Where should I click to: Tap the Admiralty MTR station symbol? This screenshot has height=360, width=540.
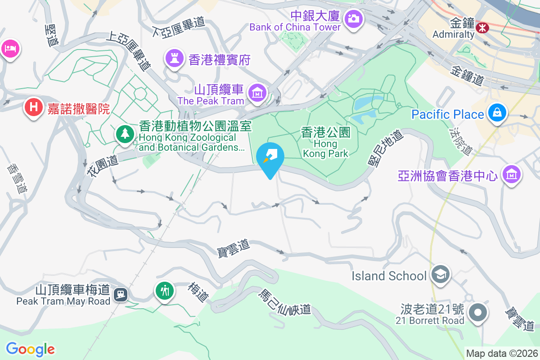[x=482, y=28]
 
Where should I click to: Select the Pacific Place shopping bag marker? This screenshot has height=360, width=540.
[x=499, y=112]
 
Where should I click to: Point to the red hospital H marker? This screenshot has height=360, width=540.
[x=33, y=107]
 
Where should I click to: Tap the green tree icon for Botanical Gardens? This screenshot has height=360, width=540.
[x=125, y=134]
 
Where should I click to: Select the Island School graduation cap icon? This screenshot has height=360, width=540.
[x=440, y=274]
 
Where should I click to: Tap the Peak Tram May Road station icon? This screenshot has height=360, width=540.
[x=121, y=295]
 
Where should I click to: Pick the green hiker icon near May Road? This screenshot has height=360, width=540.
[x=165, y=290]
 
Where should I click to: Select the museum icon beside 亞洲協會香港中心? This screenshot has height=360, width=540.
[x=512, y=173]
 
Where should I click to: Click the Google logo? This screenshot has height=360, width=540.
[x=30, y=349]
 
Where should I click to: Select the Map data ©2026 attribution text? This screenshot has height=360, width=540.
[x=501, y=354]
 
